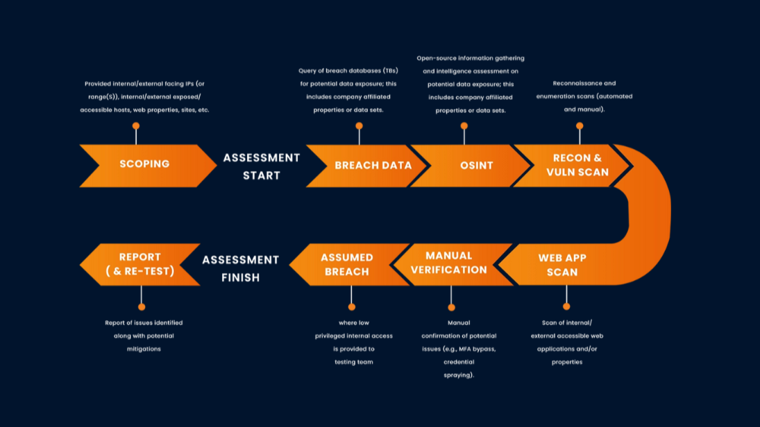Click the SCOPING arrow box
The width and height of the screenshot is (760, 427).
click(x=144, y=165)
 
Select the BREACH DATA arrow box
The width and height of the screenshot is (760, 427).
click(x=373, y=166)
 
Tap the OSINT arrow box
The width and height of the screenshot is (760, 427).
click(x=476, y=166)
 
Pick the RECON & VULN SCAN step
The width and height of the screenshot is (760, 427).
click(x=576, y=165)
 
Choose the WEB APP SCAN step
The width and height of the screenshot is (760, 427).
click(x=562, y=265)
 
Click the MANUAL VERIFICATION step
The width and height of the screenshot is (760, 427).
click(x=448, y=263)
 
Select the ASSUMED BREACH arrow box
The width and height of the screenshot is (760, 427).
click(x=346, y=265)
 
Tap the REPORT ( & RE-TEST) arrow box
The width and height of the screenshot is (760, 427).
click(x=140, y=264)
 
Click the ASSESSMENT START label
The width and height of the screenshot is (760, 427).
click(x=262, y=166)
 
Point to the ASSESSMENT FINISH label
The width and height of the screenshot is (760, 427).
click(x=240, y=269)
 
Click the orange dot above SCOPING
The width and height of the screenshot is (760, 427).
click(x=136, y=126)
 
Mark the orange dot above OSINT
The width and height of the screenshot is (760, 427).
click(x=464, y=126)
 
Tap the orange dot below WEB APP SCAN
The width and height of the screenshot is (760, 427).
click(x=566, y=306)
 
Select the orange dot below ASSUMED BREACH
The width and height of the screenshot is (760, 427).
click(x=352, y=306)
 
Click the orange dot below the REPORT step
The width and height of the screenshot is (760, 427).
click(x=142, y=306)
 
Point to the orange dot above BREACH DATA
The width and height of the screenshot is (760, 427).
click(x=359, y=126)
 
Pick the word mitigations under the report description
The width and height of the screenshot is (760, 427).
click(x=144, y=349)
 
